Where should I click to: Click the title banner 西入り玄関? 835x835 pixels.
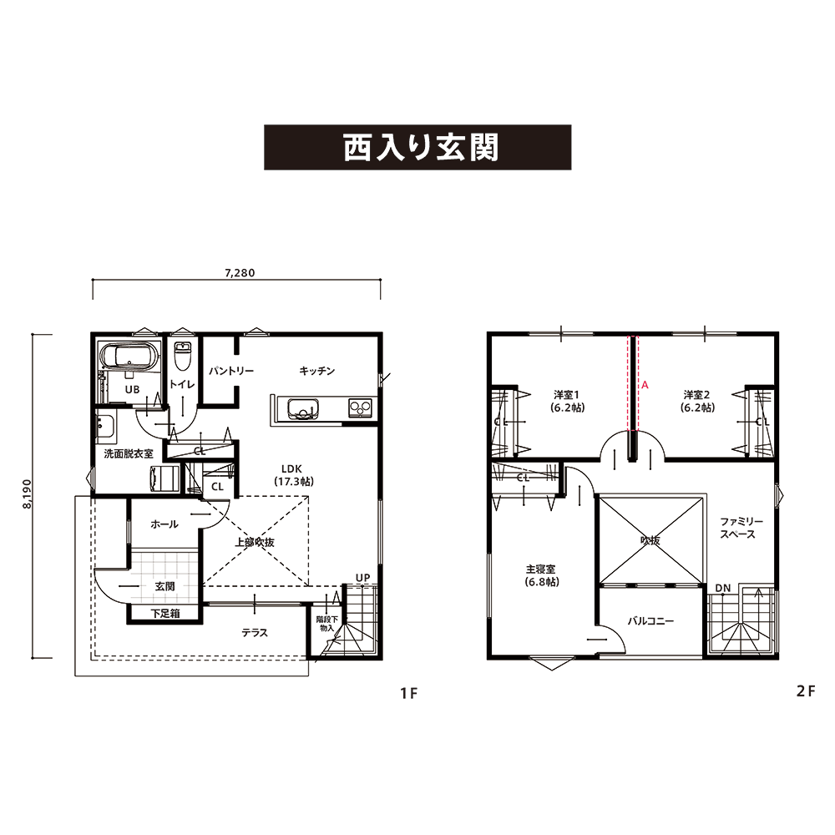tap(417, 148)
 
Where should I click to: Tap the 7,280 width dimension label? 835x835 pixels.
tap(240, 273)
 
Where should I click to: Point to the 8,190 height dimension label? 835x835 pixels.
tap(28, 493)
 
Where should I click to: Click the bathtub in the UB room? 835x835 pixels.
tap(129, 355)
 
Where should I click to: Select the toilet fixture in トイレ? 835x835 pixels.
tap(183, 355)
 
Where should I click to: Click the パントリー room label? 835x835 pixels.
tap(231, 371)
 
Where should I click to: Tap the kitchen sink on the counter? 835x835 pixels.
tap(303, 409)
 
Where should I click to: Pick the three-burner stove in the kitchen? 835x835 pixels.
tap(361, 408)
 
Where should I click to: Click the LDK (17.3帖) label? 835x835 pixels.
tap(293, 475)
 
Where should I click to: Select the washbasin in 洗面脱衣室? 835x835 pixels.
tap(105, 428)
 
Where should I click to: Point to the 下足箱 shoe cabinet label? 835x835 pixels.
tap(165, 614)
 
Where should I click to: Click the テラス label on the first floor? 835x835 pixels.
tap(255, 633)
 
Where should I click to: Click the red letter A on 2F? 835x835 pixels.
tap(645, 384)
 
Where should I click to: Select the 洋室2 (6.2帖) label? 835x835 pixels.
tap(697, 401)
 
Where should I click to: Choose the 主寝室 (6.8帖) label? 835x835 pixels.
tap(541, 575)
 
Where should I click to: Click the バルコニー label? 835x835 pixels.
tap(650, 621)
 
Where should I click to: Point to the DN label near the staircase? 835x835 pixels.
tap(723, 588)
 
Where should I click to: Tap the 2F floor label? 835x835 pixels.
tap(806, 691)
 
